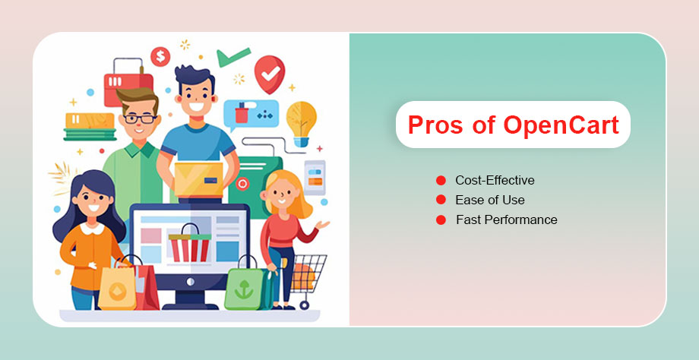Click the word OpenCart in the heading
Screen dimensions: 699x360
[561, 125]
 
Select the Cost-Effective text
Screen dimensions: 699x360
[495, 181]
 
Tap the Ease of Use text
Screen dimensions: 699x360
[490, 200]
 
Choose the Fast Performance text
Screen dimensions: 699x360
[507, 219]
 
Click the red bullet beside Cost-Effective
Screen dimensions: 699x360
[441, 181]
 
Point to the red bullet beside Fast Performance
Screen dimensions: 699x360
[441, 219]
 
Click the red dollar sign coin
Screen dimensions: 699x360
[160, 57]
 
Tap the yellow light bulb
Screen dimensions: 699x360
[302, 123]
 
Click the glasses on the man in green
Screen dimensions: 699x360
[140, 118]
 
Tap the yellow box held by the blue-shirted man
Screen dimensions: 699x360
[199, 179]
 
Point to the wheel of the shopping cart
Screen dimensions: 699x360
[304, 305]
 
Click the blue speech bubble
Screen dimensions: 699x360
[251, 115]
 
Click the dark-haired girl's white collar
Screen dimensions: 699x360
[93, 229]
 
